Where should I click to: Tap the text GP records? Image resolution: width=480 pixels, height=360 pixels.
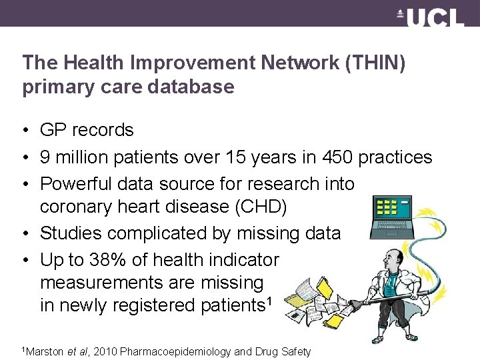click(x=87, y=130)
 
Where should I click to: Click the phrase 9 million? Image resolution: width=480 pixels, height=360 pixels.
click(x=75, y=157)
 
